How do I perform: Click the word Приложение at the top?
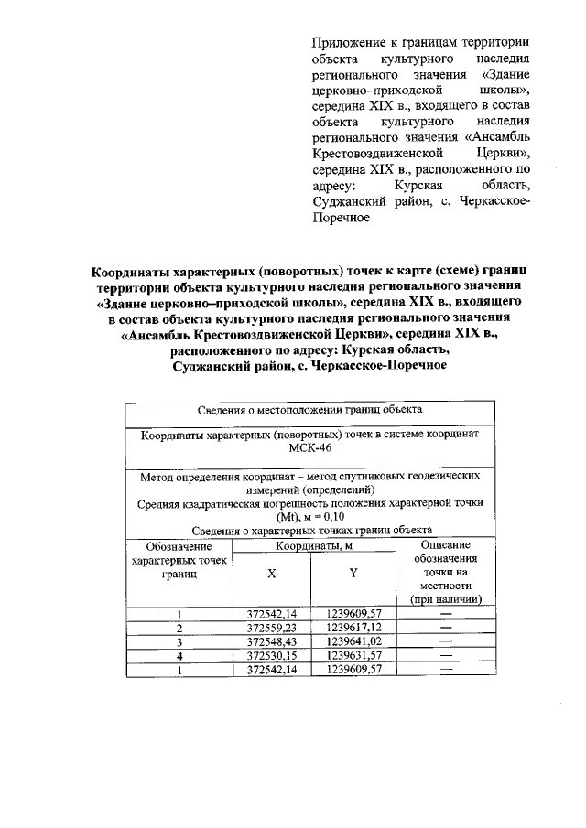pos(347,42)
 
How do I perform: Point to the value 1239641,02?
pos(353,642)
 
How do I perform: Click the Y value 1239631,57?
pos(353,656)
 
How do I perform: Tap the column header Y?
pos(353,574)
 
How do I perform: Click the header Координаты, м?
pos(311,545)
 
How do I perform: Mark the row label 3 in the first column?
pos(179,642)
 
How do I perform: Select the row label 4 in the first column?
pos(179,656)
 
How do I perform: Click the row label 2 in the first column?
pos(179,629)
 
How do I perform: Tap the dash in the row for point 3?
pos(446,642)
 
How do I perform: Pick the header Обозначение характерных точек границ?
pos(179,560)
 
